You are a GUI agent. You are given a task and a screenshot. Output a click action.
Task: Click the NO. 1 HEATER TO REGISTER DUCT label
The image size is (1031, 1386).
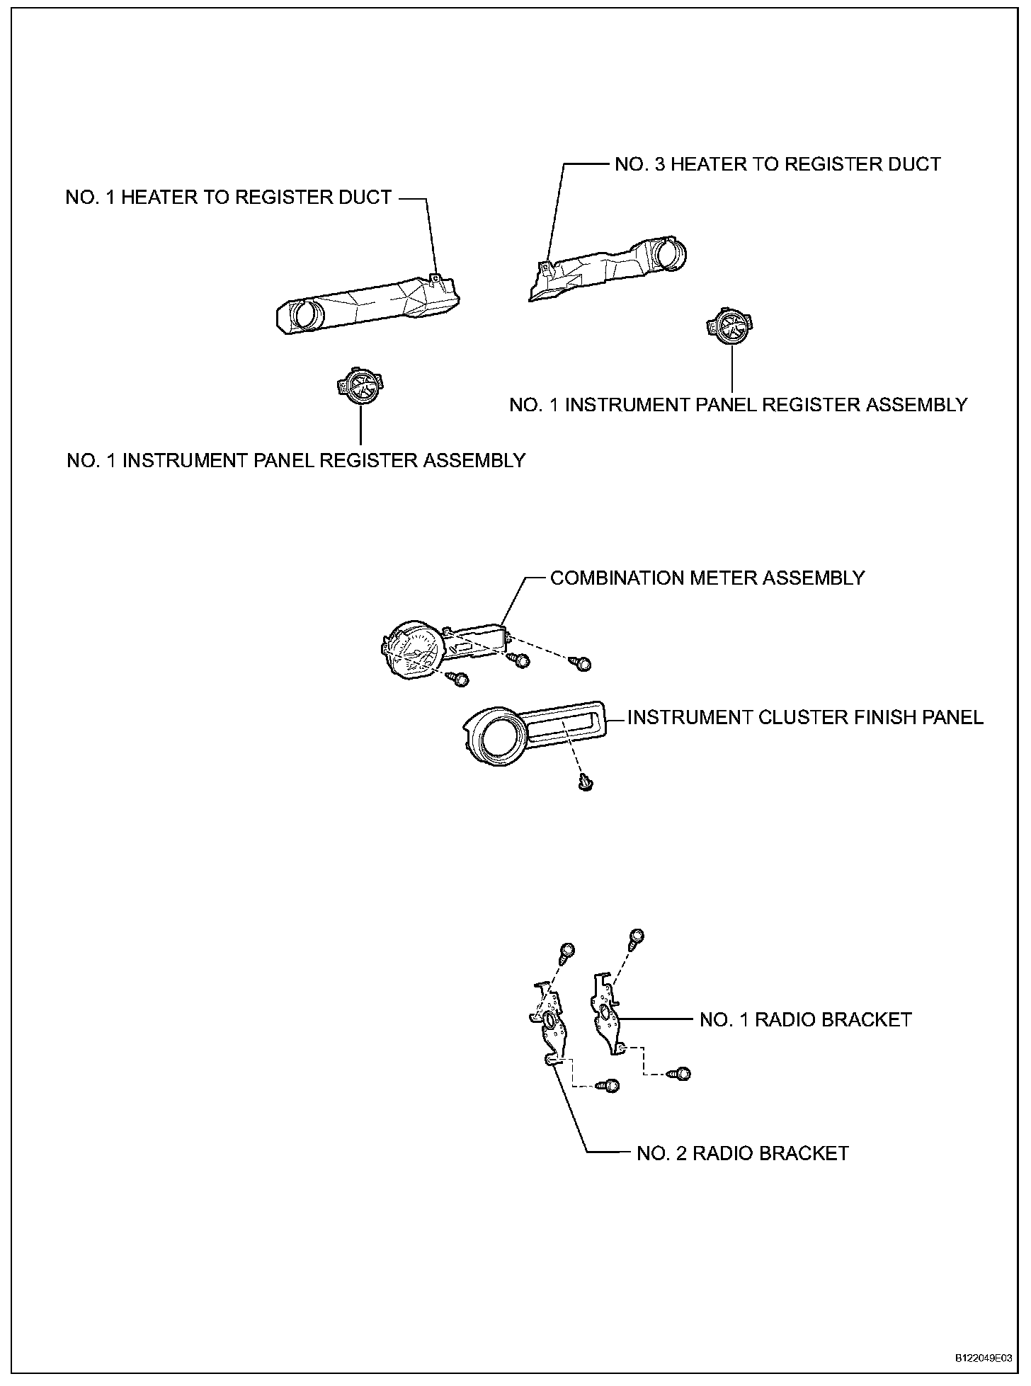pyautogui.click(x=228, y=197)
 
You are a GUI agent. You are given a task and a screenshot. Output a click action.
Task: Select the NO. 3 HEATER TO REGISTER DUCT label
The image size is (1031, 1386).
pyautogui.click(x=777, y=164)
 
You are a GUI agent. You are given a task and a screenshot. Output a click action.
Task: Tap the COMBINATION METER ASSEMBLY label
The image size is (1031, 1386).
pyautogui.click(x=707, y=578)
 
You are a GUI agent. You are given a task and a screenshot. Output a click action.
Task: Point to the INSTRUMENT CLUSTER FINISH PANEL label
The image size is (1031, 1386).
pyautogui.click(x=805, y=717)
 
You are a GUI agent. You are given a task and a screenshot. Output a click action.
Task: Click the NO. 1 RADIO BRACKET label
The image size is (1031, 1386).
pyautogui.click(x=805, y=1019)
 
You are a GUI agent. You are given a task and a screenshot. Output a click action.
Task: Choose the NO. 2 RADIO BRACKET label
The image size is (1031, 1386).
pyautogui.click(x=742, y=1153)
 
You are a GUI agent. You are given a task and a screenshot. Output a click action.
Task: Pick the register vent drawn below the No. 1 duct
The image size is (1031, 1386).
pyautogui.click(x=361, y=388)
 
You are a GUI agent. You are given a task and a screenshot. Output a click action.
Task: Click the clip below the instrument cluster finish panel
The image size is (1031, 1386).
pyautogui.click(x=585, y=781)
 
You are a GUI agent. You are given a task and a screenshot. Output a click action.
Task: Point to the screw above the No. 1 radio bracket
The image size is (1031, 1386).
pyautogui.click(x=635, y=937)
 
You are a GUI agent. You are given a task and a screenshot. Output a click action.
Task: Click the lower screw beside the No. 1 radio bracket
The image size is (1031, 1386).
pyautogui.click(x=682, y=1074)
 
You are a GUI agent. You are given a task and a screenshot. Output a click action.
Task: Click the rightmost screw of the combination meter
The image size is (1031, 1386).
pyautogui.click(x=583, y=663)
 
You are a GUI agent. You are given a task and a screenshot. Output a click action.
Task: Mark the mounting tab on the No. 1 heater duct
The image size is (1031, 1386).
pyautogui.click(x=437, y=280)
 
